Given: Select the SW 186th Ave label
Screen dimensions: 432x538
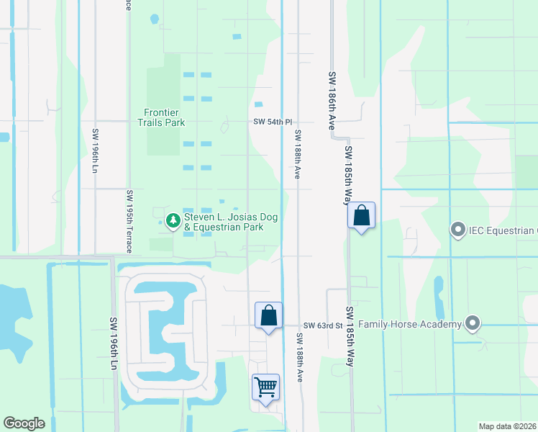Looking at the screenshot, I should tap(333, 100).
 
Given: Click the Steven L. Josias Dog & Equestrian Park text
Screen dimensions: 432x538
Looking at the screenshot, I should tap(231, 222).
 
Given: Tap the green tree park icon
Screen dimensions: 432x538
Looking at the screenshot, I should tap(173, 220).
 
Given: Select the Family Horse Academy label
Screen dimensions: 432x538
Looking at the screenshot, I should tap(410, 325).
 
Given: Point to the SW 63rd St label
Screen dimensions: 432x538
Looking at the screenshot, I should tap(322, 325).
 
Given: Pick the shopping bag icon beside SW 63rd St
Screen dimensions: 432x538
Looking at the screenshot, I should tap(268, 316).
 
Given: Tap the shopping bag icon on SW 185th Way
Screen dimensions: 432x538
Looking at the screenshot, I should tap(361, 215).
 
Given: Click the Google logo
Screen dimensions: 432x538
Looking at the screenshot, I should tap(24, 423).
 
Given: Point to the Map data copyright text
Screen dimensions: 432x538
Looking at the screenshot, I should tap(506, 426).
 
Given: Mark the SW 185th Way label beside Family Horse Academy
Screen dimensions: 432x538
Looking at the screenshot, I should tap(350, 337).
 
